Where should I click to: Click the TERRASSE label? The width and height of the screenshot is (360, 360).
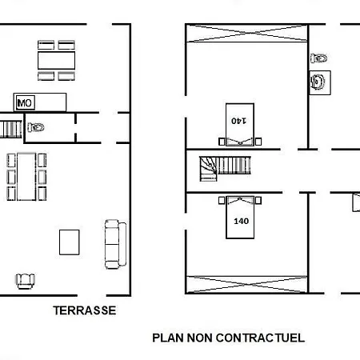point(85,310)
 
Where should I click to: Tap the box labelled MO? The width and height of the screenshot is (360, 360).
point(26,102)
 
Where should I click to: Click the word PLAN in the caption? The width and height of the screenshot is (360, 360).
point(168,338)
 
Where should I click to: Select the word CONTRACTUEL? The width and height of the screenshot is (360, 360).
point(260,338)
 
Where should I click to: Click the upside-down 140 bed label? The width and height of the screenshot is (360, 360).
point(238,121)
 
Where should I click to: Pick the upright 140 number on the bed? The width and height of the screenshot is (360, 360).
point(241,221)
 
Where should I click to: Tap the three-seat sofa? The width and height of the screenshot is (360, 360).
point(115,244)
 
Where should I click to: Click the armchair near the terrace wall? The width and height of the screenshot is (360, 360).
point(26,282)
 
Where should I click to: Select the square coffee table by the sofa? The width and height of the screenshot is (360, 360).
point(70,242)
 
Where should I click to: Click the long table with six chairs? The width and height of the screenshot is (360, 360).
point(26,177)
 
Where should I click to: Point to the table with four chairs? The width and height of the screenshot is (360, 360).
point(56,61)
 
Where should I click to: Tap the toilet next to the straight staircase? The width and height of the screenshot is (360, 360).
point(36,127)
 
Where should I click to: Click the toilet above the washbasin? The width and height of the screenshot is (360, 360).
point(319,58)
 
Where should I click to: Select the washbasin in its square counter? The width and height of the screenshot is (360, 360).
point(320,82)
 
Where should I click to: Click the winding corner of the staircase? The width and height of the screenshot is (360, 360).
point(208,169)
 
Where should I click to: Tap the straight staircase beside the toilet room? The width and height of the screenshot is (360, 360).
point(10,130)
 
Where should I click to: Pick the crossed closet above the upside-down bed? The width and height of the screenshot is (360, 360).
point(246,34)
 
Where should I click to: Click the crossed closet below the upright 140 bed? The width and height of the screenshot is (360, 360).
point(246,285)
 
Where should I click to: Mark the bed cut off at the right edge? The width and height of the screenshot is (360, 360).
point(357,202)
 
